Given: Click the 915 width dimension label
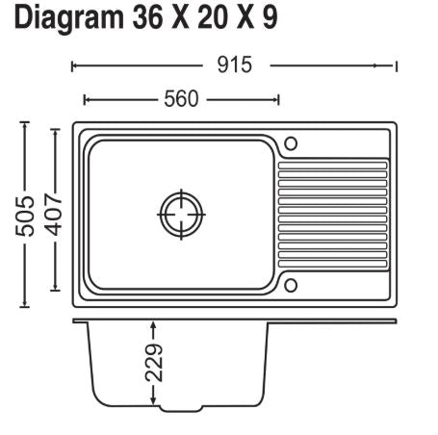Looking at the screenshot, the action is [x=235, y=64].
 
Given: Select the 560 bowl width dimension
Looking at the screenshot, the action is [x=181, y=99].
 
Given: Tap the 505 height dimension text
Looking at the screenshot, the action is [x=25, y=216].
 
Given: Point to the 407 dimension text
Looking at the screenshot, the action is [x=54, y=214].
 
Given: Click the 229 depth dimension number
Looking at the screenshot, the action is [x=154, y=363].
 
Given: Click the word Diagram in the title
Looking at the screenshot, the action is [x=69, y=18].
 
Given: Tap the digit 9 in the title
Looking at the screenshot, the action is [x=270, y=18].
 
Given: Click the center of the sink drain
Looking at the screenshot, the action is [x=182, y=215].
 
